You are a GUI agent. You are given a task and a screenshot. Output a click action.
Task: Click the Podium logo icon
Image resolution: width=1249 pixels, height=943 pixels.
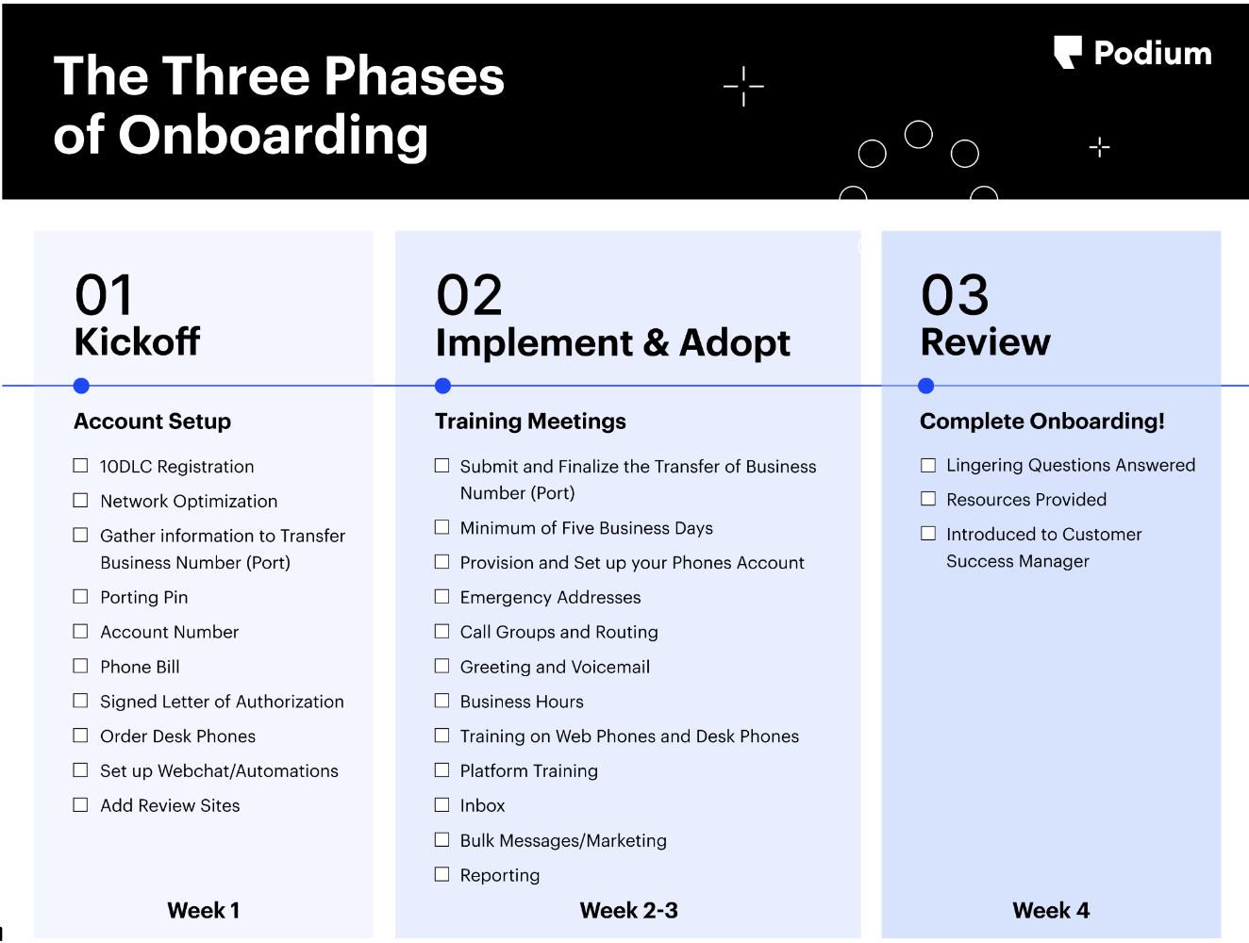point(1067,52)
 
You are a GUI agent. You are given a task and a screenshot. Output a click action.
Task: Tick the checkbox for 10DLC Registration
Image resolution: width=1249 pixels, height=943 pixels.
point(80,466)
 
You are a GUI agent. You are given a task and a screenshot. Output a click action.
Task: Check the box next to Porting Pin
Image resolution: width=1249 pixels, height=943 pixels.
point(80,597)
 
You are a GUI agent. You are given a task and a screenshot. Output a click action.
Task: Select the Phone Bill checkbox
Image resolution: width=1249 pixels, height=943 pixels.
point(80,666)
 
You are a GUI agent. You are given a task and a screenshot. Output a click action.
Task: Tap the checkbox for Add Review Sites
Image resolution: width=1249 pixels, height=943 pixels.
point(80,804)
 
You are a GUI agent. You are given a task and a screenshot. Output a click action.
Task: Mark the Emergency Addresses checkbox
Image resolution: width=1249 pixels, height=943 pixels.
point(441,597)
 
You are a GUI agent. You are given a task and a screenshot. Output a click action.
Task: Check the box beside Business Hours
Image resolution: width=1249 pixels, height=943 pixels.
point(441,701)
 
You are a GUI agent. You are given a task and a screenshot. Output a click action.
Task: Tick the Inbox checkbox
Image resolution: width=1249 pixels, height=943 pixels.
point(441,804)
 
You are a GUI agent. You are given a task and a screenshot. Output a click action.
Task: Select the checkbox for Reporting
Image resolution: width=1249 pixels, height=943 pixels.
point(441,874)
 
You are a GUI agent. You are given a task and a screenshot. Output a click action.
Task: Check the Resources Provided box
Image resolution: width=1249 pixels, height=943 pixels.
point(928,499)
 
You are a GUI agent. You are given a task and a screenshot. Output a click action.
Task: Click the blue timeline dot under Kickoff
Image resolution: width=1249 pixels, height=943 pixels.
point(81,386)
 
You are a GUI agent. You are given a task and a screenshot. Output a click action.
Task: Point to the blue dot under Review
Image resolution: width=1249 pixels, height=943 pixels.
point(925,386)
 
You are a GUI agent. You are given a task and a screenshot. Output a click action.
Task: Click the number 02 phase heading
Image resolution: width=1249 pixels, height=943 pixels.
point(470,294)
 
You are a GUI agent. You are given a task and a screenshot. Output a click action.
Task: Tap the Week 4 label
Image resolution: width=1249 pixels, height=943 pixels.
point(1050,911)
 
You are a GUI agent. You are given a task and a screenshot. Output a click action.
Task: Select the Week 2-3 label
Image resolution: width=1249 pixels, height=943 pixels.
point(629,911)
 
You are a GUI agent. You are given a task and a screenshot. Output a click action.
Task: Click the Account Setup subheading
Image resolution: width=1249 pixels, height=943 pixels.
point(153,422)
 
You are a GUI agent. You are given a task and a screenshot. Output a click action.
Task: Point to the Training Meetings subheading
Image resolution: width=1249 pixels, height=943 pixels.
point(530,422)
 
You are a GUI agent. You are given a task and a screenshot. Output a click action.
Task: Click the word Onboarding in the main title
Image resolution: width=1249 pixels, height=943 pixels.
point(274,136)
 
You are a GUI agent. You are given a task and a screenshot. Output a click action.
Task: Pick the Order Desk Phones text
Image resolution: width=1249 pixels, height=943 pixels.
point(178,736)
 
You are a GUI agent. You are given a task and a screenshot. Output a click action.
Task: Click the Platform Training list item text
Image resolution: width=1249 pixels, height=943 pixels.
point(529,771)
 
